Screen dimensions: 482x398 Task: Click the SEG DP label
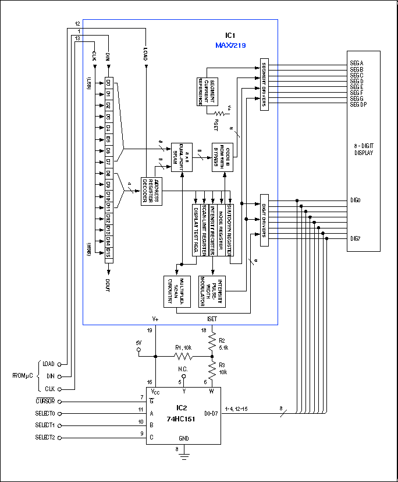click(x=358, y=104)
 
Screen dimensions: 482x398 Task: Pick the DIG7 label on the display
click(x=355, y=238)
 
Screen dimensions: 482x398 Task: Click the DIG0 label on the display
click(x=355, y=200)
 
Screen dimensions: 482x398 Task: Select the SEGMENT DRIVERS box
click(x=264, y=85)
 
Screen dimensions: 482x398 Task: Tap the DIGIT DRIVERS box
click(x=264, y=220)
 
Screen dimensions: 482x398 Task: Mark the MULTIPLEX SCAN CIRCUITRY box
click(x=176, y=289)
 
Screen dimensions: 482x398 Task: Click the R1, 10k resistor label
click(x=184, y=347)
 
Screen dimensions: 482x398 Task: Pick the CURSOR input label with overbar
click(x=44, y=402)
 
